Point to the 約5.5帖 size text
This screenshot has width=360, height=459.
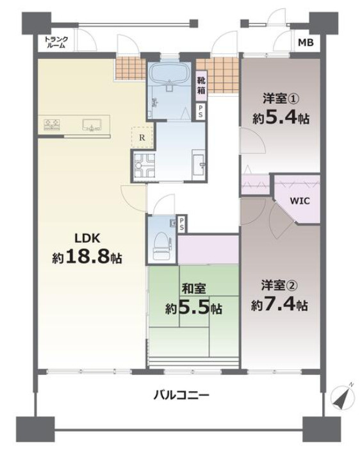[193, 308]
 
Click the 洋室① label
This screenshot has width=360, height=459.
[281, 99]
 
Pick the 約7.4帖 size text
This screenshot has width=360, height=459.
[279, 305]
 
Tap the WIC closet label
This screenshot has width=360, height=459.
[299, 201]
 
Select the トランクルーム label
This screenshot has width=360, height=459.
[56, 43]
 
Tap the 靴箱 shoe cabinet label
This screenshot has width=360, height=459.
[201, 85]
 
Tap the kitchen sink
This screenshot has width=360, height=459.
[92, 126]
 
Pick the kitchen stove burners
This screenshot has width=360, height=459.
[52, 124]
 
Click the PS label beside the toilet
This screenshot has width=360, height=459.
[183, 224]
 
